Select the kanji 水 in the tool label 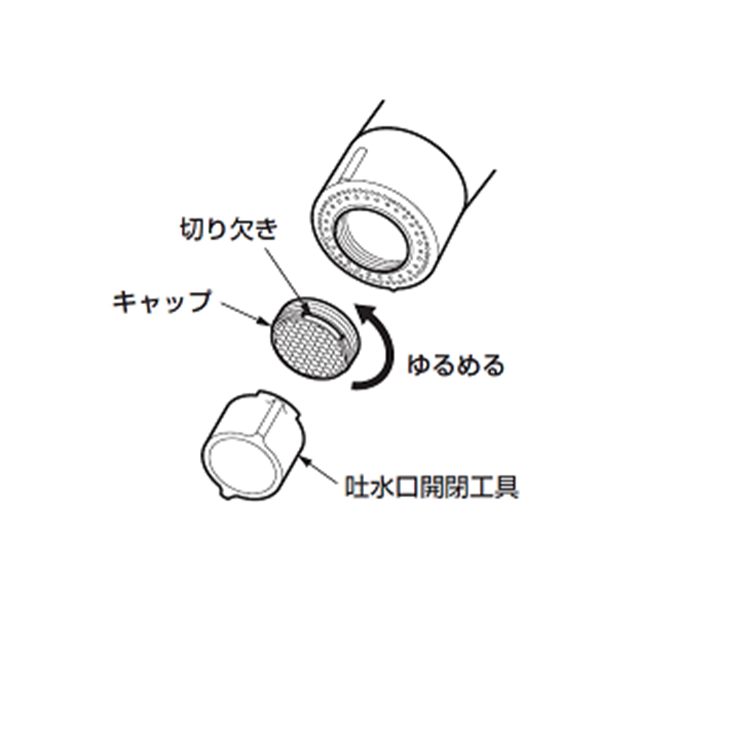click(x=381, y=486)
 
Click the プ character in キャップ click(x=198, y=301)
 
